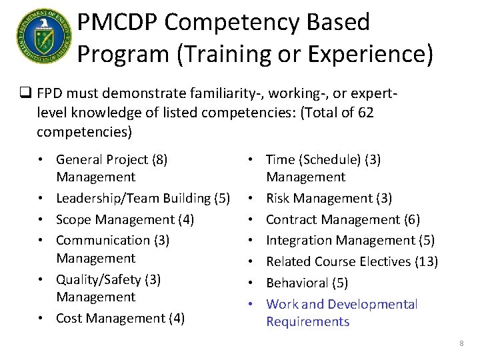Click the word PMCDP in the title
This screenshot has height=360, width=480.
pyautogui.click(x=117, y=22)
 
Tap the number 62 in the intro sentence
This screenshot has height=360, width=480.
pyautogui.click(x=365, y=112)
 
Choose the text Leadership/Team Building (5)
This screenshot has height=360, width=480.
pyautogui.click(x=143, y=198)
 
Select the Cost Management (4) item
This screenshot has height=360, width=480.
pyautogui.click(x=120, y=318)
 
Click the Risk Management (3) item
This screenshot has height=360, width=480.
pyautogui.click(x=329, y=198)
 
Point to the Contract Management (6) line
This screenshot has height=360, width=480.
pyautogui.click(x=343, y=219)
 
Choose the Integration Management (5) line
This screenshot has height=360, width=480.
pyautogui.click(x=350, y=240)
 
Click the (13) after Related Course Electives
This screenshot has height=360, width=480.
pyautogui.click(x=426, y=261)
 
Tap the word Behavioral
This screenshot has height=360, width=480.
pyautogui.click(x=298, y=283)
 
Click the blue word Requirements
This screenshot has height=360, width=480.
pyautogui.click(x=307, y=321)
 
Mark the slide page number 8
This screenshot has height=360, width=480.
pyautogui.click(x=461, y=343)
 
